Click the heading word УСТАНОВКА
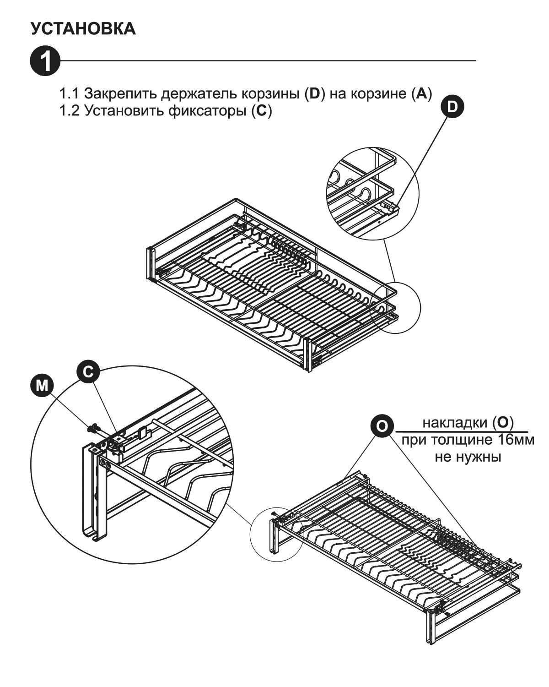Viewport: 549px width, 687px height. coord(83,29)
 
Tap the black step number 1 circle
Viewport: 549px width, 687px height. coord(44,60)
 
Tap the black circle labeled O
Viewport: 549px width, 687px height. coord(381,426)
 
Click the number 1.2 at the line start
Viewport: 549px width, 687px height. coord(69,111)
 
